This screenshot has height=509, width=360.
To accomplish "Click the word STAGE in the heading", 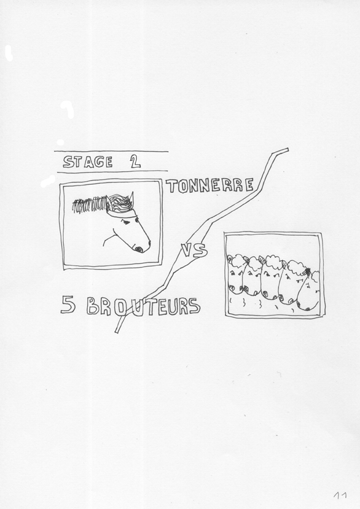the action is [88, 161].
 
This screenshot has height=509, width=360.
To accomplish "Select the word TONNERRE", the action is [210, 185].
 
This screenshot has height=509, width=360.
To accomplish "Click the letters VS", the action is [194, 251].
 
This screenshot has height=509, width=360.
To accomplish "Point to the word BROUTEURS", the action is [143, 306].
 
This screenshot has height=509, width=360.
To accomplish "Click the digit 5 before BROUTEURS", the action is [68, 306].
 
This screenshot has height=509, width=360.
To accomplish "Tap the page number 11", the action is [340, 495].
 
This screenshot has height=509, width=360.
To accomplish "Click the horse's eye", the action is [126, 222].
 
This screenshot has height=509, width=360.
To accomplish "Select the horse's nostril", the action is [139, 249].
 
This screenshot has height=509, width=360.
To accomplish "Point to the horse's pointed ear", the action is [130, 200].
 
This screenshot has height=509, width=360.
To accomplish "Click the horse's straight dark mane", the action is [90, 205].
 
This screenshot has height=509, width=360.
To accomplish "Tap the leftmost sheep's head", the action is [235, 274].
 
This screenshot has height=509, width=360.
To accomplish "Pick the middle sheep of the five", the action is [271, 278].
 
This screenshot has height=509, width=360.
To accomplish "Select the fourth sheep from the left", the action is [289, 282].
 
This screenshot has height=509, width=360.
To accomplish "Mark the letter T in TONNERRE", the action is [172, 185].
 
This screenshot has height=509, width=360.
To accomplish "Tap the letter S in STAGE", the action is [68, 162].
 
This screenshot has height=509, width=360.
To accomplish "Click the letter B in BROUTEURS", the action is [93, 306].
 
